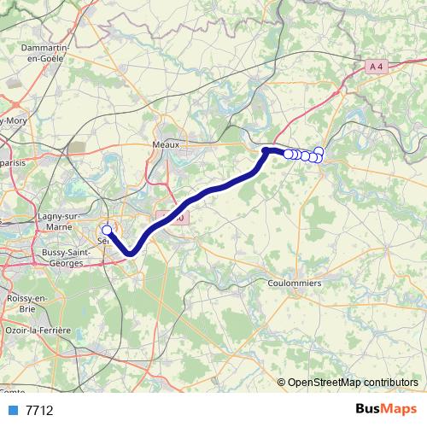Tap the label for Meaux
pos(166,145)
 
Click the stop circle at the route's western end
pos(107,230)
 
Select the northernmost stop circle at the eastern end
pos(319,152)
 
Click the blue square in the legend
pos(12,411)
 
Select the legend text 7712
pos(39,411)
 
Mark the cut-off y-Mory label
pos(12,120)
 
